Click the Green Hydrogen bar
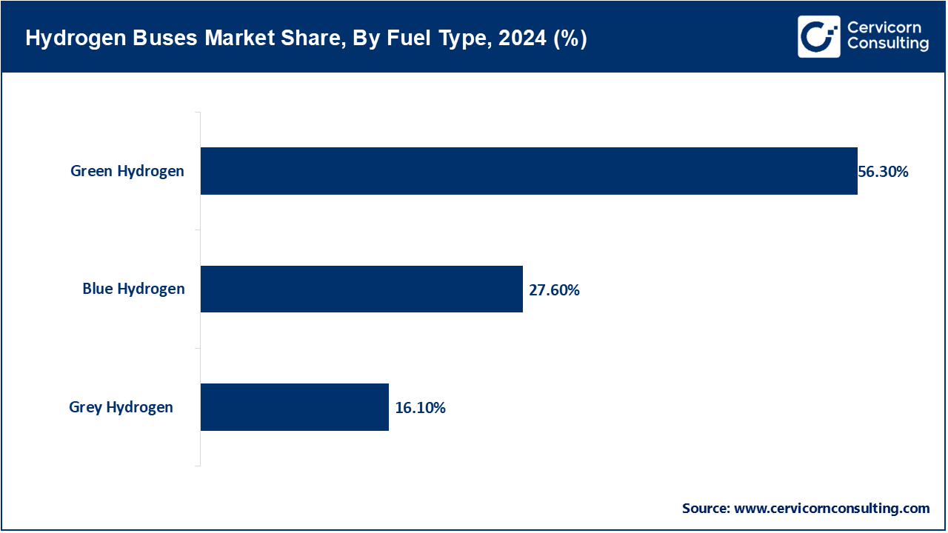(529, 171)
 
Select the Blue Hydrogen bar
(361, 289)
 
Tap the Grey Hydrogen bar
(294, 407)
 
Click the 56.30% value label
(883, 172)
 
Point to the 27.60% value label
(554, 290)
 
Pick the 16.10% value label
(420, 408)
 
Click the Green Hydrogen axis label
(127, 171)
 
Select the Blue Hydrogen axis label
(133, 289)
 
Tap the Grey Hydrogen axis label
(121, 407)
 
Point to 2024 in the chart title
(523, 38)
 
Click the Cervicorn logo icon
(818, 36)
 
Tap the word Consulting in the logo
(887, 45)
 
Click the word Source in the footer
(705, 509)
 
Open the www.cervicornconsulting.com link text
(832, 509)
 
